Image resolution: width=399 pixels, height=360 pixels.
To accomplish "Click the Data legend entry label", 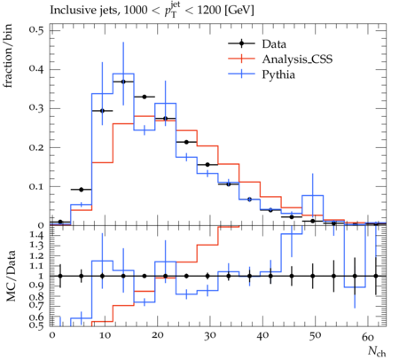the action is [x=274, y=44].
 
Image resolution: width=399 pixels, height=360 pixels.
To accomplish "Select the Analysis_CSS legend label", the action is [x=297, y=59].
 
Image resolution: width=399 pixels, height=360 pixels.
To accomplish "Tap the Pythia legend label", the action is [x=278, y=74].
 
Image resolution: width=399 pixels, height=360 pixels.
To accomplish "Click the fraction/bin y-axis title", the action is [x=8, y=56].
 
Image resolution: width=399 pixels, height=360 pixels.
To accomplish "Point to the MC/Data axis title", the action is [x=11, y=276].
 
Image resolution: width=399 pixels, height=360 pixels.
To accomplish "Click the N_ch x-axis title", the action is [x=377, y=351].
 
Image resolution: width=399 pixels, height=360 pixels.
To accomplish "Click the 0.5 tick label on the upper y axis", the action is [x=36, y=30].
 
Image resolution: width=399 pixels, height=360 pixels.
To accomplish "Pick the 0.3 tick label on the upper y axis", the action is [x=36, y=108].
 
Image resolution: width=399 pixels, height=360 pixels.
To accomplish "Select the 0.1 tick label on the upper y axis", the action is [x=36, y=186].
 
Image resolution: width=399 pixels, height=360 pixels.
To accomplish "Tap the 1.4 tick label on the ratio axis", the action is [x=36, y=236].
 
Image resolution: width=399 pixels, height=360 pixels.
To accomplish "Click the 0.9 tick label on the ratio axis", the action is [x=36, y=286].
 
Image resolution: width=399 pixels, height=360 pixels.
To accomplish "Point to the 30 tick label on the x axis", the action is [x=209, y=336].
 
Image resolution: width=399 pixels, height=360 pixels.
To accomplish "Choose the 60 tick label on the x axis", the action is [x=368, y=336].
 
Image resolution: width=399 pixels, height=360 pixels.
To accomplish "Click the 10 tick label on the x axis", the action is [x=105, y=336].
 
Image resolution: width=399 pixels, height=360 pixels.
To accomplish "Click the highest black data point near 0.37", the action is [x=123, y=82].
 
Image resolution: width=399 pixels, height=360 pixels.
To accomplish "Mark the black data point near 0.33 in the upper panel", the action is [x=145, y=97].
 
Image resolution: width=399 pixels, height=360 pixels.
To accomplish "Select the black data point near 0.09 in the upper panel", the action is [x=82, y=190].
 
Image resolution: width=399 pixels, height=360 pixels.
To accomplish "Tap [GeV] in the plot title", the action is [x=239, y=11].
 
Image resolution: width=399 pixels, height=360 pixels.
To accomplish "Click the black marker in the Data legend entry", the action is [x=241, y=43].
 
